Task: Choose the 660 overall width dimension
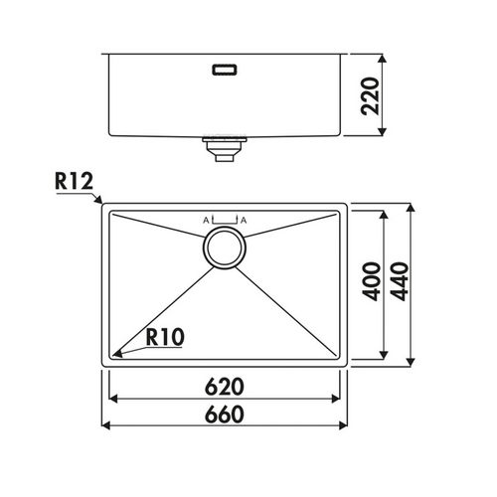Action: point(227,414)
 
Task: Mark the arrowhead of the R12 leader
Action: point(99,204)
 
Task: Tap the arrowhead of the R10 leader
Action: point(115,352)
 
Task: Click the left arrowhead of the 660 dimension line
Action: point(106,426)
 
